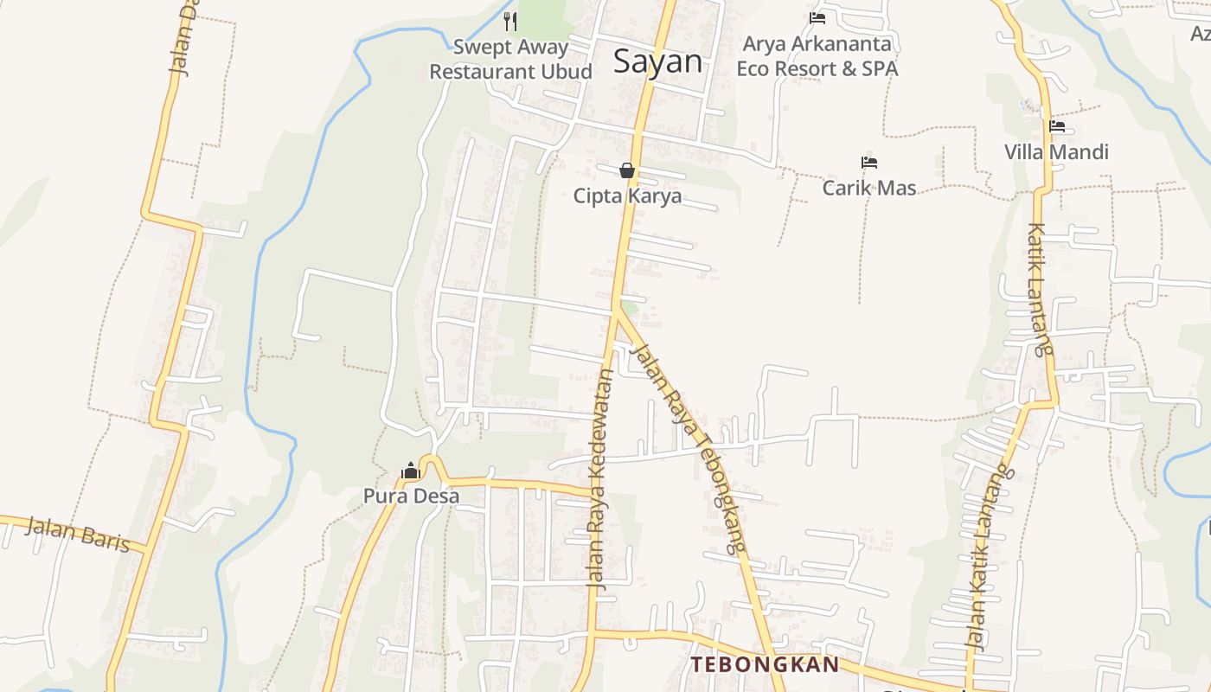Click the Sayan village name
pos(657,61)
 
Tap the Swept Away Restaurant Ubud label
pos(510,60)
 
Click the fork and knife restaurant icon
pos(510,21)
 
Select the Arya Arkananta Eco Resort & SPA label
pos(817,56)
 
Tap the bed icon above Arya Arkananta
pos(817,18)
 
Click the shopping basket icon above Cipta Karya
pos(627,170)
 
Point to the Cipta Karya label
pos(627,196)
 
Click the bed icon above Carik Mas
pos(869,162)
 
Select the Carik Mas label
pos(869,188)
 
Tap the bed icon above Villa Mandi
pos(1056,126)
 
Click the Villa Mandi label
pos(1056,152)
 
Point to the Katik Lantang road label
pos(1040,290)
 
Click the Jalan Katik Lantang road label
pos(988,558)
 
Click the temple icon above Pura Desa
pos(411,471)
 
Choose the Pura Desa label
pos(411,497)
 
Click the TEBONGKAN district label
pos(765,664)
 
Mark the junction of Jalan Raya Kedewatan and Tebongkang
pos(616,310)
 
